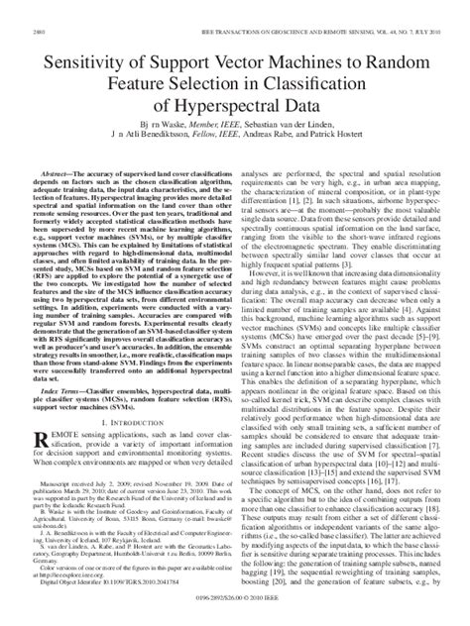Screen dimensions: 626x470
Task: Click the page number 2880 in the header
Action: point(24,9)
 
